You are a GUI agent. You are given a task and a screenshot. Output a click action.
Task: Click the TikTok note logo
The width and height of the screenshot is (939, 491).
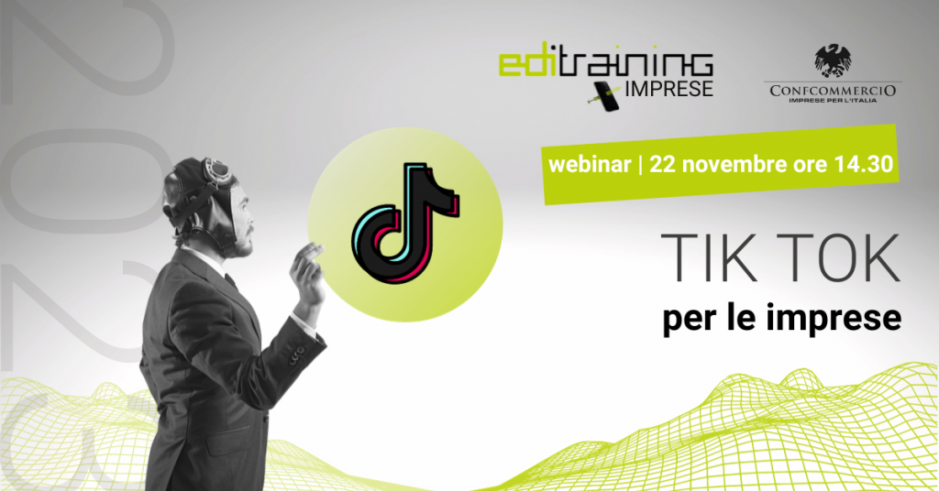(x=405, y=223)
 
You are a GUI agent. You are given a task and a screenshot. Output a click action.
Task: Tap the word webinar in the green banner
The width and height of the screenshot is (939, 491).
(x=590, y=164)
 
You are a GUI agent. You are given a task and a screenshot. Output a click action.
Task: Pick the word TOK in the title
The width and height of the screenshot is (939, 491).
(x=834, y=258)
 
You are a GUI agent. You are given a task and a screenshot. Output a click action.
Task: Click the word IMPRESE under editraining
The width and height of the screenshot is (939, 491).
(x=668, y=89)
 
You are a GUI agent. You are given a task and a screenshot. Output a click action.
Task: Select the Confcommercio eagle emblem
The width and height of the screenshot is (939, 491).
(x=833, y=60)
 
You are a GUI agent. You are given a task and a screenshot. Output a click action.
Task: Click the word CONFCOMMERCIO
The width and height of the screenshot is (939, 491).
(x=833, y=91)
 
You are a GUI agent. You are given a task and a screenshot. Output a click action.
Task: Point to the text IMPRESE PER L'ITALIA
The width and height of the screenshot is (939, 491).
(x=833, y=101)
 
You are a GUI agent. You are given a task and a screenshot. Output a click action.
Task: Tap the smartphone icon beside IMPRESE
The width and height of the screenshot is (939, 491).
(x=606, y=96)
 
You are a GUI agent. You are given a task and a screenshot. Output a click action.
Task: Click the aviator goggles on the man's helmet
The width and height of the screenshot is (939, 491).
(x=215, y=169)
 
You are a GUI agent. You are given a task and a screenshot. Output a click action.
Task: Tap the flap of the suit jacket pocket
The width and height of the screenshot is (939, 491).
(x=228, y=440)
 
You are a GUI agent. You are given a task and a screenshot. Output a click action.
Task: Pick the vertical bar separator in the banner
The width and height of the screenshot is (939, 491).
(x=641, y=165)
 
